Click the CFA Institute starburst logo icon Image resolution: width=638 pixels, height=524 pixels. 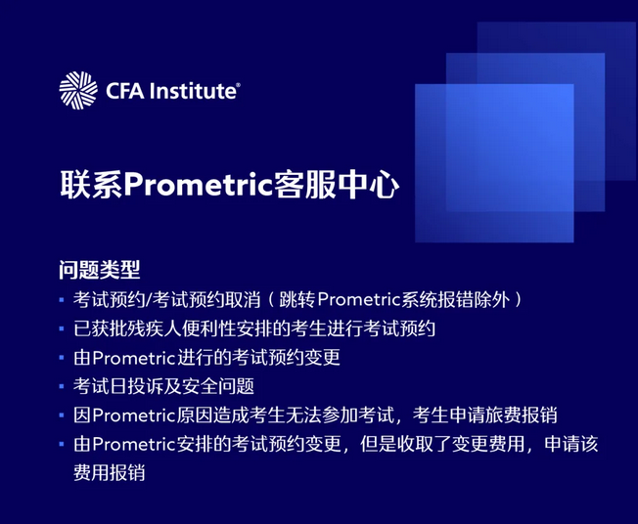pyautogui.click(x=78, y=91)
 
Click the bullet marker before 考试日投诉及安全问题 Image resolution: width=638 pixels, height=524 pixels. pyautogui.click(x=64, y=386)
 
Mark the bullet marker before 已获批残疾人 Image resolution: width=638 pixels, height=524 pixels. pyautogui.click(x=64, y=327)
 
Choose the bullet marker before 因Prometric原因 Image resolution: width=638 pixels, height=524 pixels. pyautogui.click(x=64, y=415)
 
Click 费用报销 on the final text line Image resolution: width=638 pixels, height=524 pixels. pyautogui.click(x=109, y=472)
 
